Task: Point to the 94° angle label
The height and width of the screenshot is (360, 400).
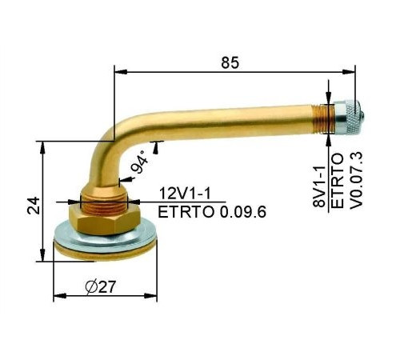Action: click(142, 163)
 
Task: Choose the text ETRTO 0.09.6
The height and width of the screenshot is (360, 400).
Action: click(212, 212)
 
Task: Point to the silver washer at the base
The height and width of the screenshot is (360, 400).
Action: click(102, 240)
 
